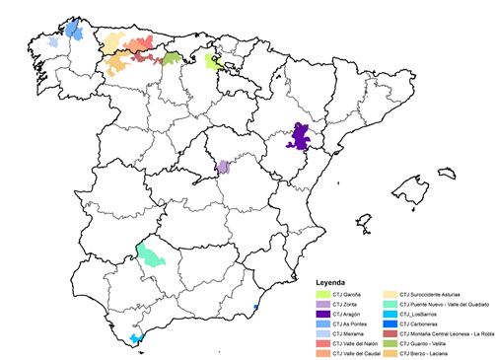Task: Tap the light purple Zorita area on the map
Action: tap(223, 167)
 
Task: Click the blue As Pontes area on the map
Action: tap(73, 29)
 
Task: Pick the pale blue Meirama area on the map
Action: tap(53, 42)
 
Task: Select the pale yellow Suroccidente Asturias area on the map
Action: tap(110, 41)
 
